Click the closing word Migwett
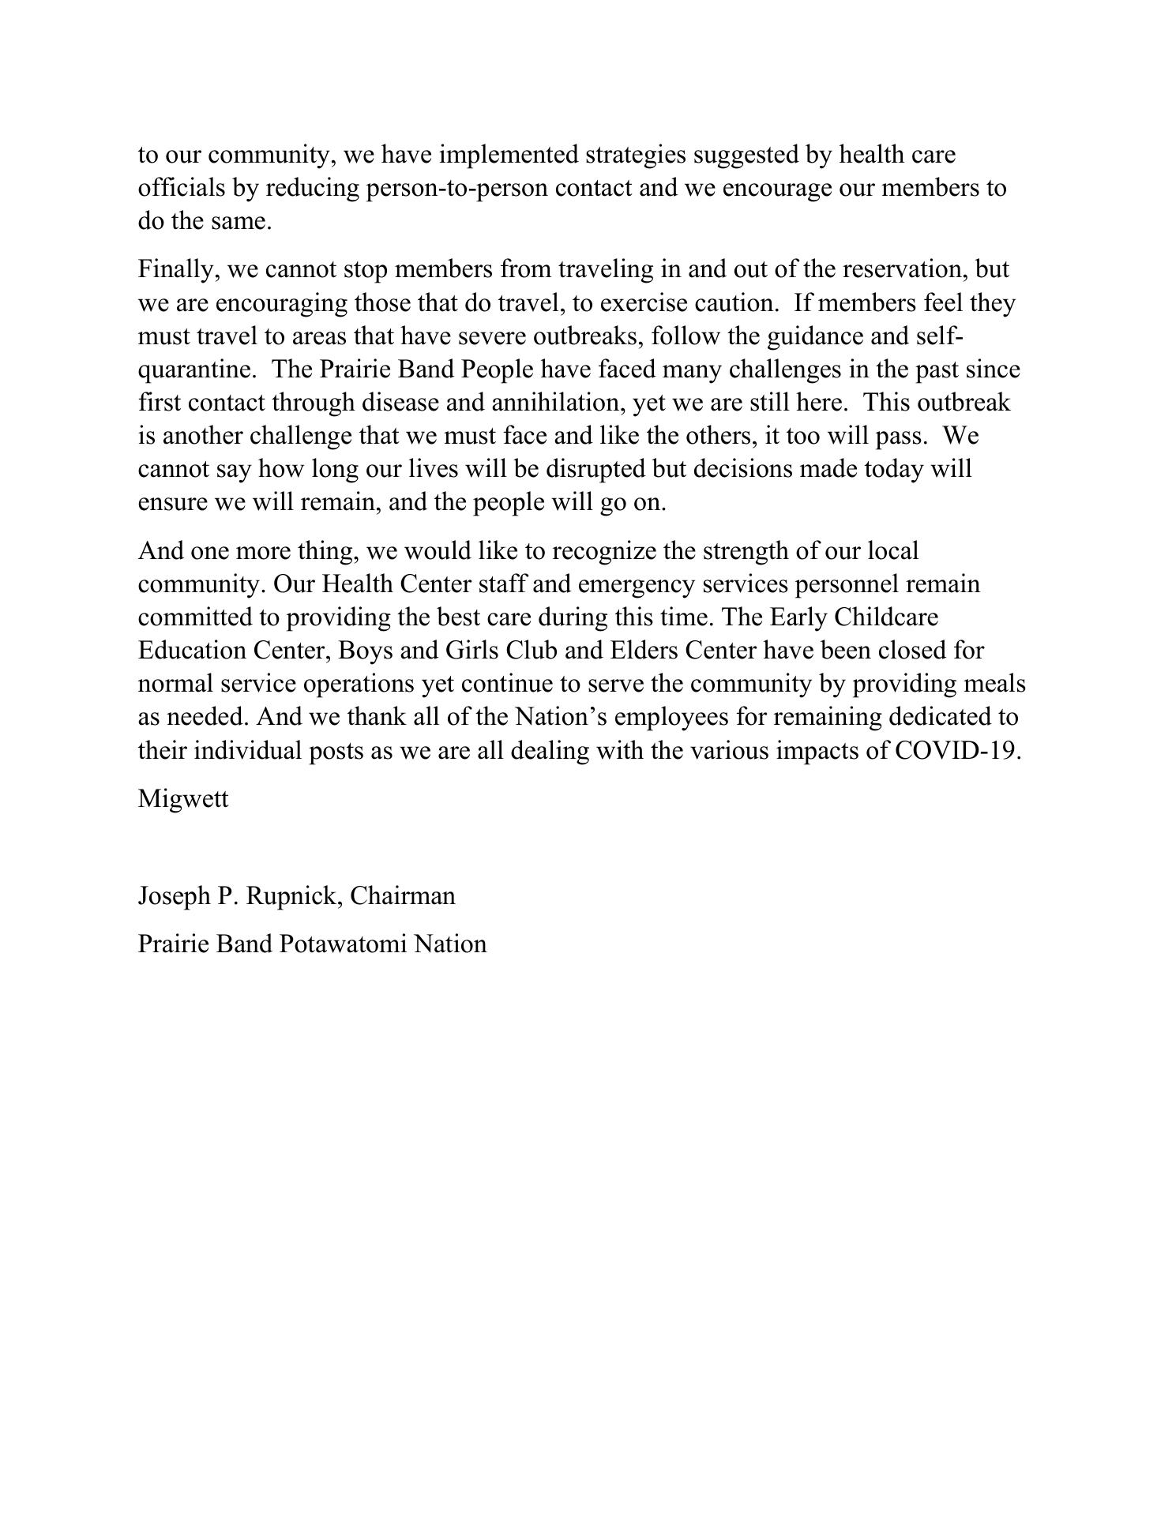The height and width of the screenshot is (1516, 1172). (x=183, y=798)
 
